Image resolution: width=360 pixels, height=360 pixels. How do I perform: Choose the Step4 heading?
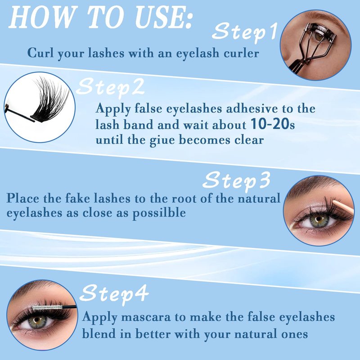(x=114, y=294)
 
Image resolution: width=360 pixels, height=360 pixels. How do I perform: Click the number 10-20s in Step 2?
(x=273, y=124)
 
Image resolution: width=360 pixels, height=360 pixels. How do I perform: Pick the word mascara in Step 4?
(x=146, y=317)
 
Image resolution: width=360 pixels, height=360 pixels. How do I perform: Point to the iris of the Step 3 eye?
(x=319, y=221)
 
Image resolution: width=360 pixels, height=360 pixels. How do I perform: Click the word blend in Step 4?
(x=99, y=333)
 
